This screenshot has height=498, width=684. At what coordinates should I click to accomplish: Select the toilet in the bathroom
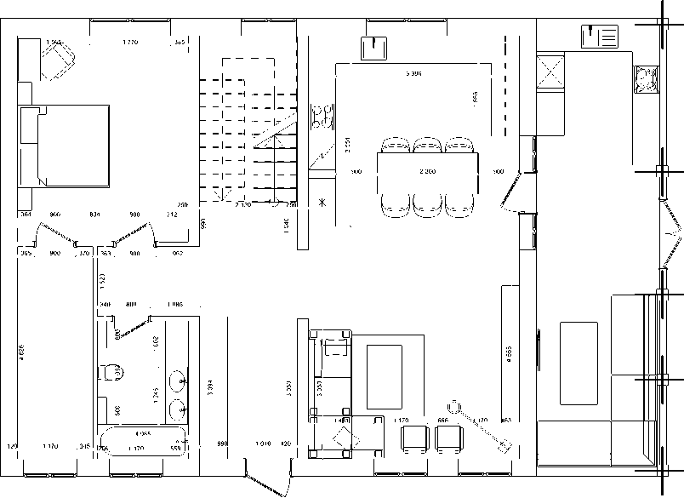click(x=111, y=373)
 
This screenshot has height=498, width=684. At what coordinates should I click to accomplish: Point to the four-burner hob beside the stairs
click(x=322, y=115)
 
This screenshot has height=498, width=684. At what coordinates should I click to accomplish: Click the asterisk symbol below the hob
click(x=322, y=203)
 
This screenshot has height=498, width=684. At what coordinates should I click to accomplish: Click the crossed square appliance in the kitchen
click(x=551, y=72)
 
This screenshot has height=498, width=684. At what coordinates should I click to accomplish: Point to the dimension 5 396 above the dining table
click(x=414, y=75)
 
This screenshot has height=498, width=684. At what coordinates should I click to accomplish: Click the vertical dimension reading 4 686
click(x=22, y=350)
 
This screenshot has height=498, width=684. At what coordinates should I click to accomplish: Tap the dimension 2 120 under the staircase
click(x=243, y=205)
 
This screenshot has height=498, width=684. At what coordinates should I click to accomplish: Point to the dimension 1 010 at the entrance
click(x=264, y=444)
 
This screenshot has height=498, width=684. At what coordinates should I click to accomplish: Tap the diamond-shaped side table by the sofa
click(x=344, y=436)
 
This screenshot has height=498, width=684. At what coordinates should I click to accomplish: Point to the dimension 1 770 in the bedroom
click(x=130, y=42)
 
